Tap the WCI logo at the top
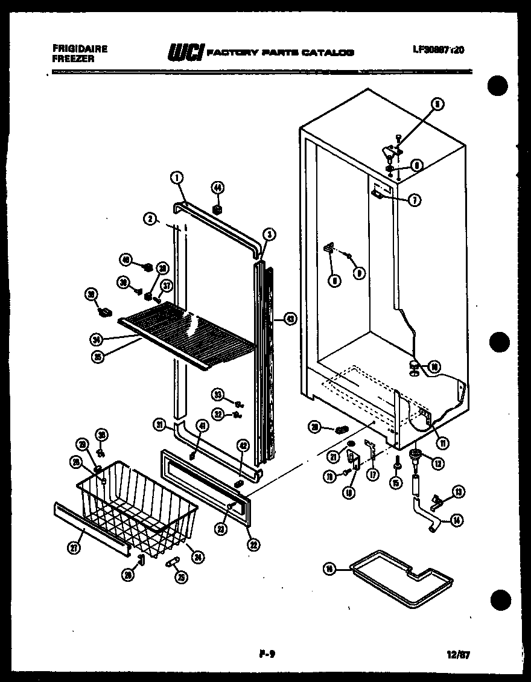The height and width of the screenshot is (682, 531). pyautogui.click(x=186, y=53)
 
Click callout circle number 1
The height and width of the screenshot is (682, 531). pyautogui.click(x=176, y=177)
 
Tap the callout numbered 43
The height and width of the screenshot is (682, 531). pyautogui.click(x=290, y=319)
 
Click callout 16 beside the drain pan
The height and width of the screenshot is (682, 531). pyautogui.click(x=329, y=569)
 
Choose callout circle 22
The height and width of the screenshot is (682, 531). pyautogui.click(x=253, y=542)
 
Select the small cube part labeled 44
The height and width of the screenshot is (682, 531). pyautogui.click(x=217, y=209)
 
